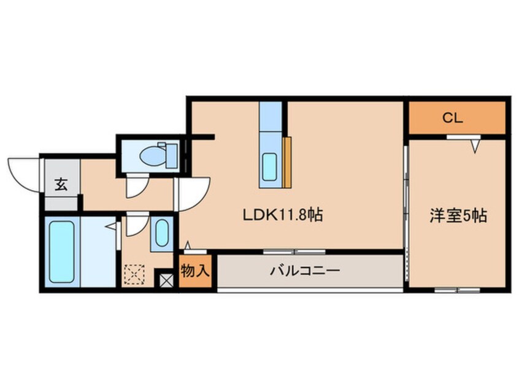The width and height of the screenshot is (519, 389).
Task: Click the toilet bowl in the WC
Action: coord(152,156)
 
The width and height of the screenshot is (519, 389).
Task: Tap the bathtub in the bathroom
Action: coord(61,252)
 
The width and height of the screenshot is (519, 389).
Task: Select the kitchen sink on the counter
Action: coord(269,167)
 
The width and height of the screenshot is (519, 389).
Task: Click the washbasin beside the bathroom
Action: coord(162,233)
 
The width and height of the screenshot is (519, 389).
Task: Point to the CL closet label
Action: coord(453,118)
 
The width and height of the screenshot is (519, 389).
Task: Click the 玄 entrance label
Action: coord(61,185)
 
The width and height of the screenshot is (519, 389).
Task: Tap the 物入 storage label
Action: coord(195,271)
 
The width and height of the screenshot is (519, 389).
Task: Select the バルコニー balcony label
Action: coord(305,271)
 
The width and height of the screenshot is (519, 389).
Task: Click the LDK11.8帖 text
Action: coord(283,215)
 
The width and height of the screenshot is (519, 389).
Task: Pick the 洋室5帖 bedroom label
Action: coord(458,216)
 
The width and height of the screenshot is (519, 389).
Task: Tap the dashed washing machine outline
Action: coord(134,274)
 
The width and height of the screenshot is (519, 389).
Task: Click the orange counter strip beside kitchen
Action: coord(287,162)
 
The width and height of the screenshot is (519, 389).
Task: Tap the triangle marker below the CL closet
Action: coord(475,146)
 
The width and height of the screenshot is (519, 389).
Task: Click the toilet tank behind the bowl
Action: coord(171,155)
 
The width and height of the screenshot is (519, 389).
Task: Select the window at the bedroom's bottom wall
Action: coord(458,290)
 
